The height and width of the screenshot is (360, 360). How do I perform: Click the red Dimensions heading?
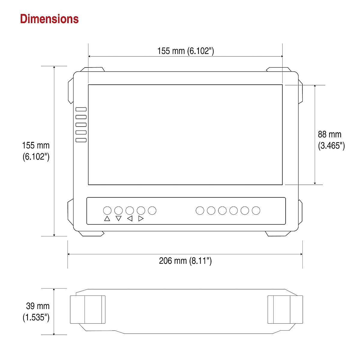pyautogui.click(x=49, y=19)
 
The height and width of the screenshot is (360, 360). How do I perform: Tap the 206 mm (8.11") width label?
pyautogui.click(x=185, y=261)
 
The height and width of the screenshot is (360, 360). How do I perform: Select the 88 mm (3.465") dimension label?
pyautogui.click(x=331, y=140)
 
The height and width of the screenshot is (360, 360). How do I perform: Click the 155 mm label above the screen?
pyautogui.click(x=185, y=51)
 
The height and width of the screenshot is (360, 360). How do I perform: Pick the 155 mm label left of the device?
pyautogui.click(x=36, y=151)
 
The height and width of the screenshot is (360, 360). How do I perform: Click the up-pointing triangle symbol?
pyautogui.click(x=107, y=219)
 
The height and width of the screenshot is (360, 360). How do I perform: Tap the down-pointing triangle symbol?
pyautogui.click(x=118, y=219)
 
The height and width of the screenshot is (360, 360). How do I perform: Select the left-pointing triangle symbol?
pyautogui.click(x=130, y=219)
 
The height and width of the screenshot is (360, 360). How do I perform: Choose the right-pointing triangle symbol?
pyautogui.click(x=141, y=219)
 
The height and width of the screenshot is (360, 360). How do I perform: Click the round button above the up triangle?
pyautogui.click(x=107, y=211)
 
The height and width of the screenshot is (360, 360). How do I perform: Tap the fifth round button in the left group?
pyautogui.click(x=152, y=211)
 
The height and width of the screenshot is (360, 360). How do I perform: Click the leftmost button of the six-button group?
pyautogui.click(x=200, y=211)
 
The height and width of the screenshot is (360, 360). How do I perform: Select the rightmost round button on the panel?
pyautogui.click(x=256, y=211)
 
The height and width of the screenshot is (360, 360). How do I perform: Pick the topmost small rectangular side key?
pyautogui.click(x=81, y=109)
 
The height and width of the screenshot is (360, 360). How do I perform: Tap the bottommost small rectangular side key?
pyautogui.click(x=81, y=140)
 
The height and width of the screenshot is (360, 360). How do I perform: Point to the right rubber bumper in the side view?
pyautogui.click(x=285, y=310)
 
